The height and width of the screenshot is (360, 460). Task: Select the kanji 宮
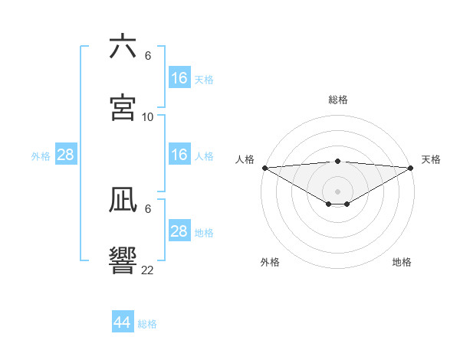[123, 107]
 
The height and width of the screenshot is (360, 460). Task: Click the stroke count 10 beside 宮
[148, 117]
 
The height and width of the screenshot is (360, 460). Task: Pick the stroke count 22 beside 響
[148, 270]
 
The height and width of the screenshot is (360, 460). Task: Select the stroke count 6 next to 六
[148, 56]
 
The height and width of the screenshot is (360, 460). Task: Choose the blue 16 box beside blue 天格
[179, 78]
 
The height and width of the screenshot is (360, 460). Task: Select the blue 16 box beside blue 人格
[179, 155]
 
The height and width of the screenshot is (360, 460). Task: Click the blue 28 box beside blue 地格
[179, 231]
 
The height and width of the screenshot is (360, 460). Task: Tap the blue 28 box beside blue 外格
[66, 155]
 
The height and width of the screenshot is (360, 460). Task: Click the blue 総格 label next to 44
[147, 324]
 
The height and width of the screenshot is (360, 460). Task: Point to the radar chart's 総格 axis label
[338, 100]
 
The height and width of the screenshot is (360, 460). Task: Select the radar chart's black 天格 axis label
[431, 159]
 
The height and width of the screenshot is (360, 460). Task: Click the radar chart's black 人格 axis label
[245, 159]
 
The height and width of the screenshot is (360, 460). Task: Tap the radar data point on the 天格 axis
[411, 168]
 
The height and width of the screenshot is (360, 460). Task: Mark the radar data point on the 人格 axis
[264, 168]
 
